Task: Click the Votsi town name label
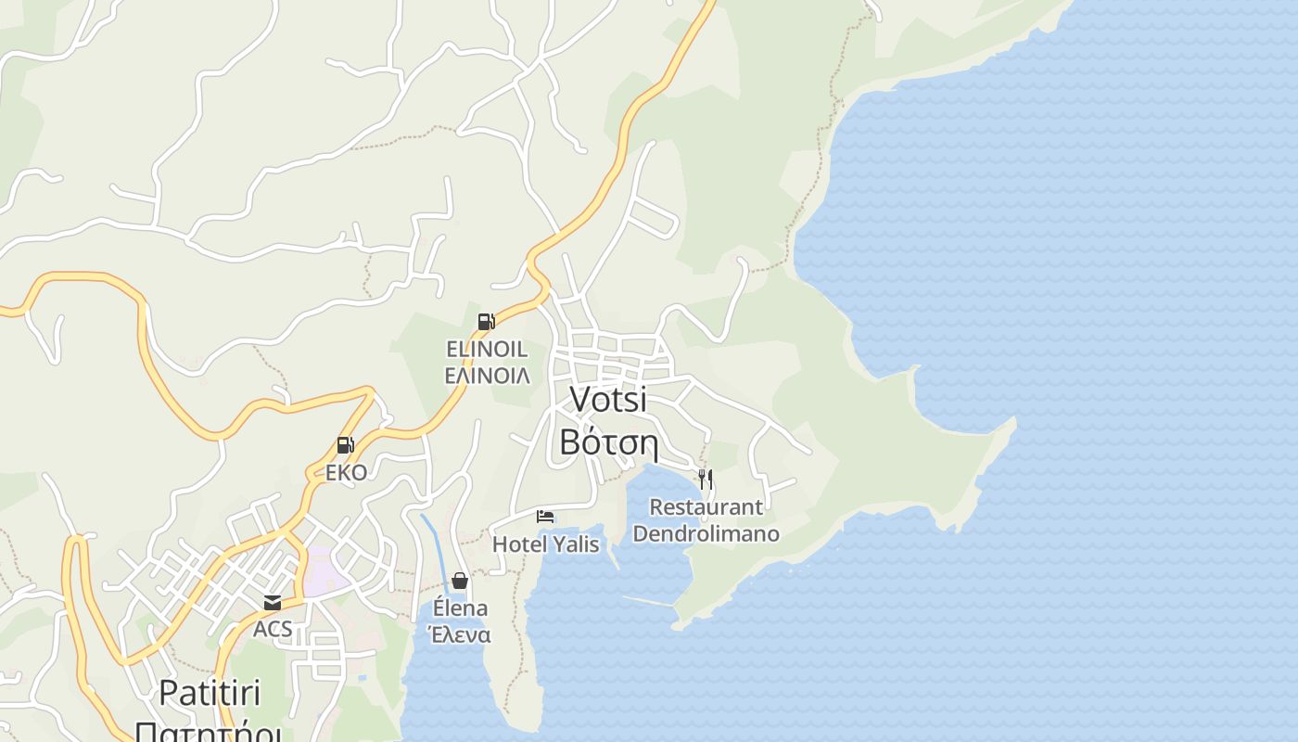coord(608,399)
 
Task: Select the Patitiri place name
coord(210,693)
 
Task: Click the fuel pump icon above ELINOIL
coord(486,322)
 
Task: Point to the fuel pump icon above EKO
coord(345,445)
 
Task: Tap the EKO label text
coord(346,472)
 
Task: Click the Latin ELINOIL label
coord(487,350)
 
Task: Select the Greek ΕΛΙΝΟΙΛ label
coord(487,376)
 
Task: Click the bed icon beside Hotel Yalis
coord(545,516)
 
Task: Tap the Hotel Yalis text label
coord(545,544)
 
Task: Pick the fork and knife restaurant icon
coord(706,480)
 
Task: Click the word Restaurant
coord(706,507)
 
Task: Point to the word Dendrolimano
coord(706,534)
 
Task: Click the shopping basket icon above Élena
coord(459,581)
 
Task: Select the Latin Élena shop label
coord(460,608)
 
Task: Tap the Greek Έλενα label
coord(459,635)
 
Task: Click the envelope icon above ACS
coord(273,603)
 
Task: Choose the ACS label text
coord(273,629)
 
